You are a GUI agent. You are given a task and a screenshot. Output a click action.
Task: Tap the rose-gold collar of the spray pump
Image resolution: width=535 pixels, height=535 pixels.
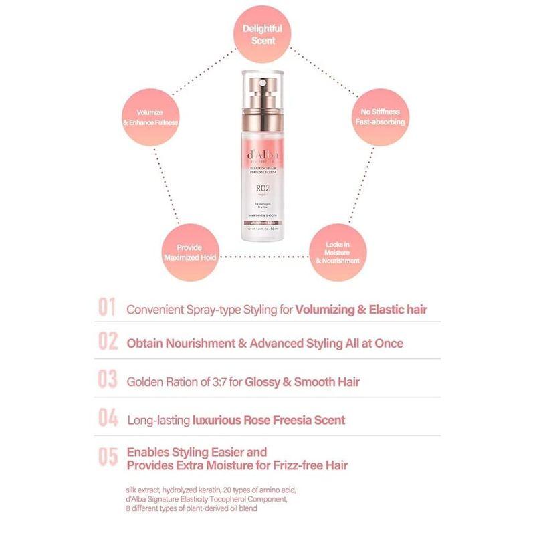tap(267, 110)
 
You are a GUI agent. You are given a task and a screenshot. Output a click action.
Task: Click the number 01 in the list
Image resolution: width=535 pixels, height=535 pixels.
tap(108, 309)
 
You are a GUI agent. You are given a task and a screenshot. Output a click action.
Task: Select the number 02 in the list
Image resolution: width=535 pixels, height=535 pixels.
tap(108, 342)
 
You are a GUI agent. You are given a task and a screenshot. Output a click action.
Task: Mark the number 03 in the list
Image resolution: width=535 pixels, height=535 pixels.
tap(108, 381)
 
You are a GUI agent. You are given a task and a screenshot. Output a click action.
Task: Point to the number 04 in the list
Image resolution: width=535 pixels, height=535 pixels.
tap(108, 419)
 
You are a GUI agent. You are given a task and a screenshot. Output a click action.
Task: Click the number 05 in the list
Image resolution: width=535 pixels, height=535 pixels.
tap(108, 457)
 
